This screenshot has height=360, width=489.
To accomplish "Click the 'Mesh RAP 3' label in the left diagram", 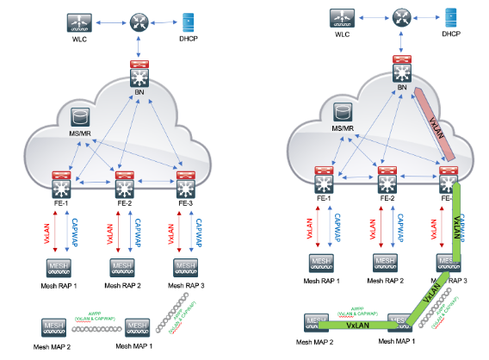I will pyautogui.click(x=189, y=284).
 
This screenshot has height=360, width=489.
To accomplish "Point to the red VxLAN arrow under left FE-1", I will pyautogui.click(x=54, y=232).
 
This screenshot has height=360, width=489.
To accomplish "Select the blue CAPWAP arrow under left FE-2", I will pyautogui.click(x=129, y=232).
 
